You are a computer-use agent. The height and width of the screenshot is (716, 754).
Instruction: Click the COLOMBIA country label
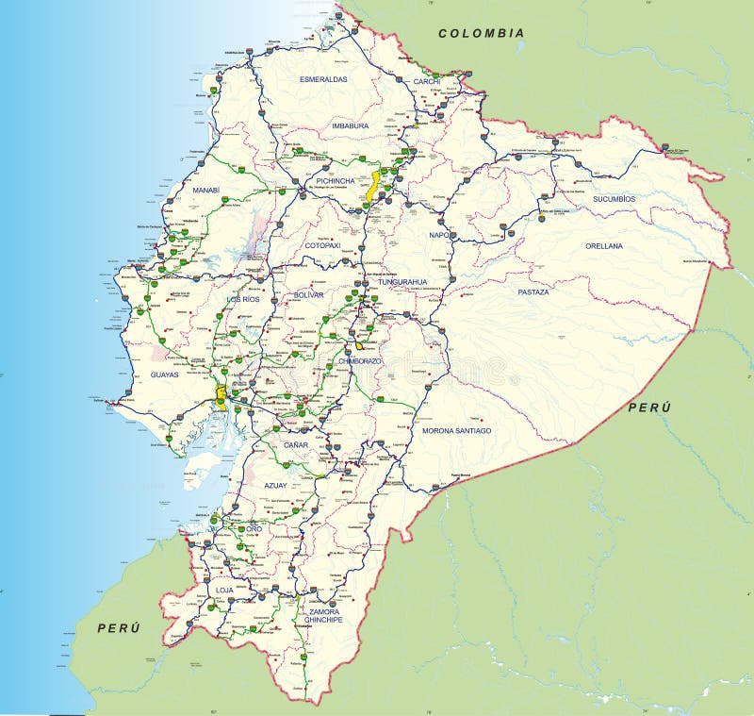[481, 33]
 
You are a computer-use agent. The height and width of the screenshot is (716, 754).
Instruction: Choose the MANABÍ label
[205, 190]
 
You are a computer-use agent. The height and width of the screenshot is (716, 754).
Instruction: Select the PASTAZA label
[533, 292]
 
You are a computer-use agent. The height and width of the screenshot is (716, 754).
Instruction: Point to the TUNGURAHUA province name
[402, 281]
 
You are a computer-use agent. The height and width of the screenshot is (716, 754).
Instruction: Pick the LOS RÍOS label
[242, 299]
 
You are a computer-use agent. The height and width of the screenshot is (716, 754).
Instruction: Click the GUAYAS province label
[164, 375]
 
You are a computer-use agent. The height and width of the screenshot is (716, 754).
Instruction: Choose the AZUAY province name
[275, 485]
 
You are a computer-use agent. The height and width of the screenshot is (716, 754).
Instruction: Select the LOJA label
[224, 590]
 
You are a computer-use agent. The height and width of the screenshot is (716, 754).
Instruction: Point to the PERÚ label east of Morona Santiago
[647, 407]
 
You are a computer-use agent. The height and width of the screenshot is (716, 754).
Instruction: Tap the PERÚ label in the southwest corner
[118, 627]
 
